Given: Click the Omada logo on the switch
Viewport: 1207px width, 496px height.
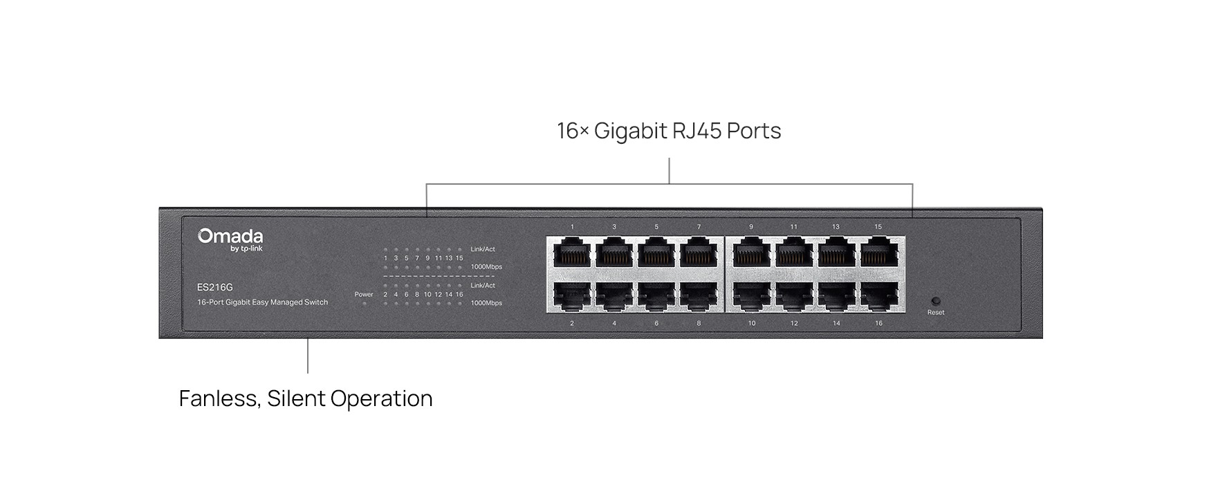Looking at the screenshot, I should [x=230, y=237].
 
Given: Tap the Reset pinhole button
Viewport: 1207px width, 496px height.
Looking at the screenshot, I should [x=936, y=301].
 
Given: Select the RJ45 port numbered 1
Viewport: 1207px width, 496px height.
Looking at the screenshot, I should [x=572, y=253].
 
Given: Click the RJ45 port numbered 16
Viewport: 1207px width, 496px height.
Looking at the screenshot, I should [x=878, y=296].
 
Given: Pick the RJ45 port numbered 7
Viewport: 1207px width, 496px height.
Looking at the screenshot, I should [x=699, y=253].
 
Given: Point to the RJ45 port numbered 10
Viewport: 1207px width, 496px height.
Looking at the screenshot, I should [x=752, y=296].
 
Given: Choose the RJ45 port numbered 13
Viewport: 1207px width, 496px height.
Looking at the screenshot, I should [x=836, y=253].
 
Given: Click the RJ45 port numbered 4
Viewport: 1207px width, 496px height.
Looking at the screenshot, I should [x=614, y=296].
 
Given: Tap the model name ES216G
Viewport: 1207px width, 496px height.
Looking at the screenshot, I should [x=215, y=287].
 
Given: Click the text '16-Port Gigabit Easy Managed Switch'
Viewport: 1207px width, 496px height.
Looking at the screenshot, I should [x=263, y=302].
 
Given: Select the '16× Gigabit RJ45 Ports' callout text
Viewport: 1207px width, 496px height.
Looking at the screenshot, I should [x=669, y=131].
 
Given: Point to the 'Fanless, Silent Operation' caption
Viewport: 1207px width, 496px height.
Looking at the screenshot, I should [x=306, y=398].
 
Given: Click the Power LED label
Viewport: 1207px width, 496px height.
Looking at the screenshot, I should [x=364, y=295].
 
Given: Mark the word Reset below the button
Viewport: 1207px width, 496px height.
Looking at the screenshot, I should [x=936, y=313].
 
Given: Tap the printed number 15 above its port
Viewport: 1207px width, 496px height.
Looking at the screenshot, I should [x=878, y=227].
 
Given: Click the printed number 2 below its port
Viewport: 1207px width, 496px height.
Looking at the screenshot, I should [x=572, y=323].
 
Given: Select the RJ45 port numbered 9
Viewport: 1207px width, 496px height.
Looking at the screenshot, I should [x=752, y=253].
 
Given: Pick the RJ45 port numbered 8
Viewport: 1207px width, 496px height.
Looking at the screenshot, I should [x=699, y=296].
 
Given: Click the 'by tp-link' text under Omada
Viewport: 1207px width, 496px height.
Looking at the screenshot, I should [x=246, y=249].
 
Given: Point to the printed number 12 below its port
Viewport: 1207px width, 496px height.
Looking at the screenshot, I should [x=794, y=323].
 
